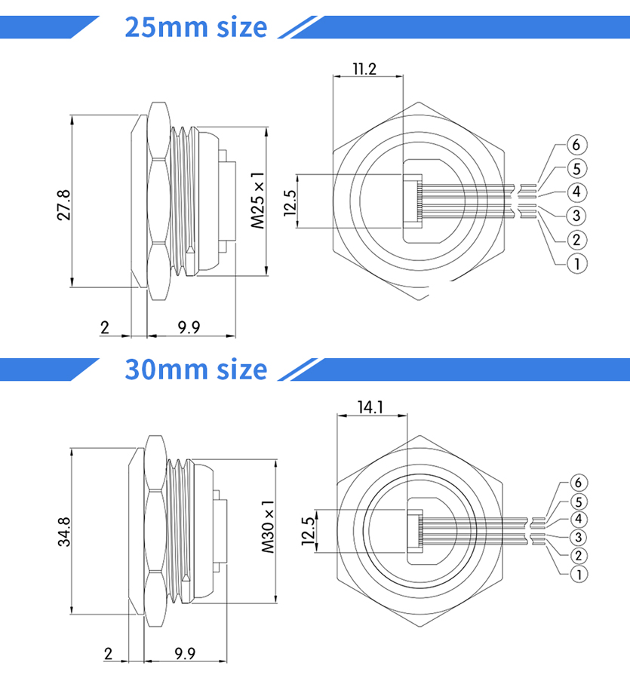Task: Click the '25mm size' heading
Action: point(195,27)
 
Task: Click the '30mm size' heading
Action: point(195,370)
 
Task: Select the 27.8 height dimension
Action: point(63,204)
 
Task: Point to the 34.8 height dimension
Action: point(63,532)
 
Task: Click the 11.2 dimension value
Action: point(364,69)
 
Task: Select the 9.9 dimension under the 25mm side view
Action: point(189,327)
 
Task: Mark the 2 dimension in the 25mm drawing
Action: point(105,327)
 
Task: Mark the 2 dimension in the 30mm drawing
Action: point(108,653)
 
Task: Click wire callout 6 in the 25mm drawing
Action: point(576,145)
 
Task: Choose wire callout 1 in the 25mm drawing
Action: point(576,263)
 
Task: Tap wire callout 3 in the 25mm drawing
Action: point(576,216)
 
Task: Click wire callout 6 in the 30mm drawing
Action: point(579,483)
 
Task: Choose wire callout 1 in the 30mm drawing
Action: point(579,574)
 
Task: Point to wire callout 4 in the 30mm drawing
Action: point(579,520)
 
